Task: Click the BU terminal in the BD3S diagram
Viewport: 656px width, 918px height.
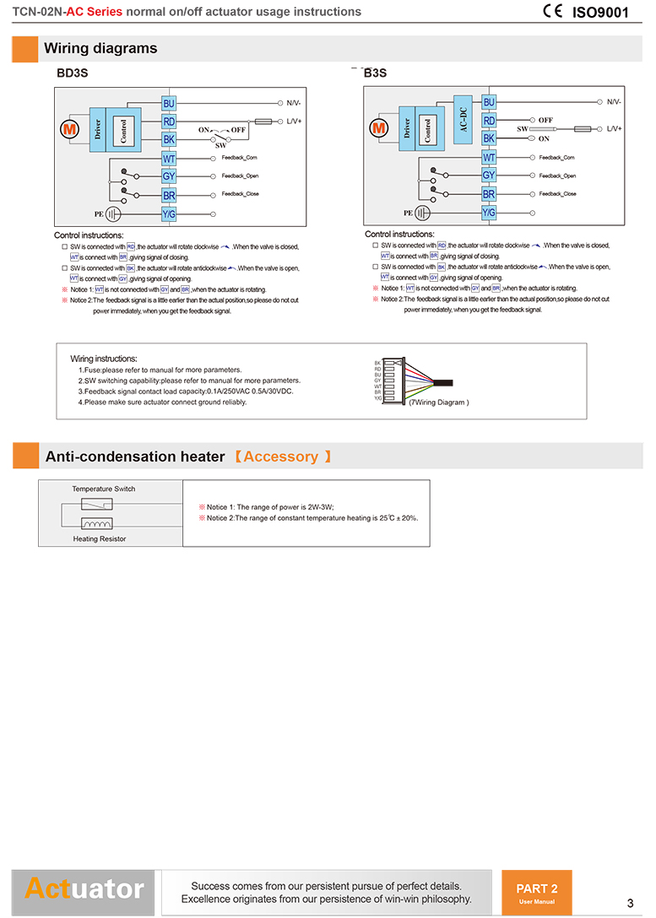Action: click(x=169, y=103)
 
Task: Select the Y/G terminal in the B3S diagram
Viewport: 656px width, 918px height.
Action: click(x=489, y=213)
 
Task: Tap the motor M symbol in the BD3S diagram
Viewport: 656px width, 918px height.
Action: click(x=68, y=130)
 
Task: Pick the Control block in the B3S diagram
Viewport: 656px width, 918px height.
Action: click(x=428, y=129)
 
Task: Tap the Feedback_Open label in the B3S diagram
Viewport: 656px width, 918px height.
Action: click(x=557, y=175)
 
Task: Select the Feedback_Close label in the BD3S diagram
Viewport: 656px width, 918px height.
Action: click(x=240, y=194)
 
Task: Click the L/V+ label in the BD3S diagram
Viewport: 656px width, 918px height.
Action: click(x=294, y=121)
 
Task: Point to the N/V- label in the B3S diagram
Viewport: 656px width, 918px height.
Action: click(x=614, y=102)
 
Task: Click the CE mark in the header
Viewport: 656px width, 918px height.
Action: click(x=553, y=11)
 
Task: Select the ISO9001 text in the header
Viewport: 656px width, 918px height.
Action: click(x=601, y=12)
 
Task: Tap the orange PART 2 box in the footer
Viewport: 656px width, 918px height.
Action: click(x=536, y=892)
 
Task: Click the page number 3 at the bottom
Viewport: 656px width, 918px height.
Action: click(x=630, y=901)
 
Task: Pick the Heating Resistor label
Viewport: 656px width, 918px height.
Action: click(x=99, y=538)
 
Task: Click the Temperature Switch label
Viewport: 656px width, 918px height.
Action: click(x=103, y=489)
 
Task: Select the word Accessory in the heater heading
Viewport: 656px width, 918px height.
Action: click(x=280, y=456)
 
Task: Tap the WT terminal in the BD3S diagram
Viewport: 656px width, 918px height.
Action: click(x=169, y=159)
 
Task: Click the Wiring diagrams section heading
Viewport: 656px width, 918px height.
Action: click(x=100, y=48)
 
